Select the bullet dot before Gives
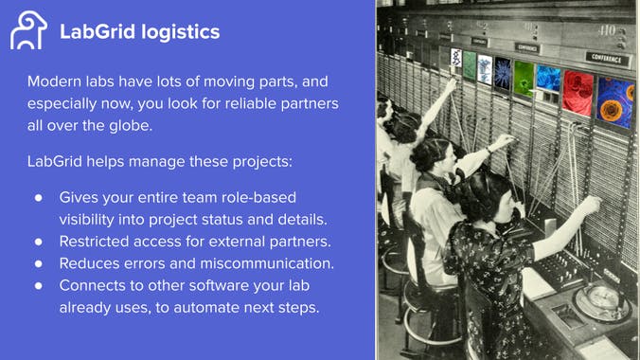[39, 197]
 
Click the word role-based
[257, 197]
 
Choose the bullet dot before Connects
[39, 284]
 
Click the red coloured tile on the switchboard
[577, 93]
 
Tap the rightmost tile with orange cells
[614, 100]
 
